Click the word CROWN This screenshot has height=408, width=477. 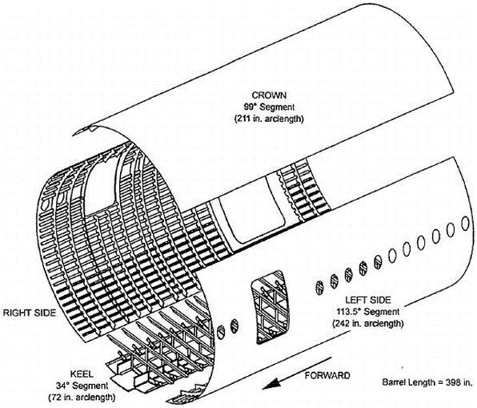tap(269, 95)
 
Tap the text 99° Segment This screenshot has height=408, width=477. tap(269, 107)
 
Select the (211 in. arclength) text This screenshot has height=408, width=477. tap(269, 119)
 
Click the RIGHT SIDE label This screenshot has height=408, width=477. tap(30, 313)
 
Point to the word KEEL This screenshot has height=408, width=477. tap(82, 374)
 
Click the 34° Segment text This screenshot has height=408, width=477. tap(82, 386)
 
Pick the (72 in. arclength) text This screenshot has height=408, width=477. tap(82, 397)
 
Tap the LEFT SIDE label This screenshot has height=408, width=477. tap(368, 300)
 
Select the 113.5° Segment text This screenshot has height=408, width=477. tap(368, 312)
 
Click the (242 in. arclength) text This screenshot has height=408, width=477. tap(368, 323)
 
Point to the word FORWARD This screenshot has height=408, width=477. tap(327, 375)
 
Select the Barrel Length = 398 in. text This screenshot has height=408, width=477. tap(427, 382)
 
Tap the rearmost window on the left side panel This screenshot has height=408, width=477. tap(465, 224)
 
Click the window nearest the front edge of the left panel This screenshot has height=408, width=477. tap(221, 332)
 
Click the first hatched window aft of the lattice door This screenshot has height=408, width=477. tap(319, 288)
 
